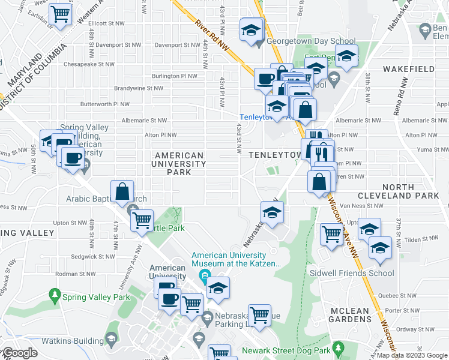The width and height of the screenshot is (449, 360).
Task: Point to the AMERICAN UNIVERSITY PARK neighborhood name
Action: click(179, 164)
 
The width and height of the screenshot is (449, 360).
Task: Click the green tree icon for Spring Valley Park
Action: click(55, 295)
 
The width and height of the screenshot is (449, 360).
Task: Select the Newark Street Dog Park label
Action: click(286, 350)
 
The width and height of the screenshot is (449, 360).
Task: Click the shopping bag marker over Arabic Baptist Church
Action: click(122, 191)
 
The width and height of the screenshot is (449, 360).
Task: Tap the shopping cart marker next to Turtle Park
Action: click(142, 221)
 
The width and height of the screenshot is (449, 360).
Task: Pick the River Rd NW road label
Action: click(212, 37)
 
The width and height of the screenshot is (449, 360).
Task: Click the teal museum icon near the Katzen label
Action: click(205, 277)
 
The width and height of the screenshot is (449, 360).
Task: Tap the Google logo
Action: click(20, 353)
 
